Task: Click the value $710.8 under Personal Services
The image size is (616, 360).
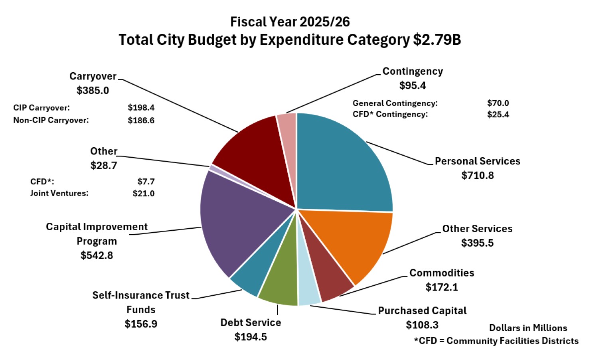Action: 478,175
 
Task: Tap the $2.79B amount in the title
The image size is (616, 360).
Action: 437,40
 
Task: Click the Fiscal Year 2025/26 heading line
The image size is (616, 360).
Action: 290,22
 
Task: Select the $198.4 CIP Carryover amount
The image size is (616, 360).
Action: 141,108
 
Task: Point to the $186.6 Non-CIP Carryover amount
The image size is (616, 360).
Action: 141,121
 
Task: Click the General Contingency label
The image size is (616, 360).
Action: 395,103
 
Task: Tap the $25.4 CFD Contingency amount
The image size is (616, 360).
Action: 498,115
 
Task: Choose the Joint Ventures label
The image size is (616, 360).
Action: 59,194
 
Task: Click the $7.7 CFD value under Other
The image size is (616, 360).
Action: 146,182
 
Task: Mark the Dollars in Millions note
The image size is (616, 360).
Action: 528,328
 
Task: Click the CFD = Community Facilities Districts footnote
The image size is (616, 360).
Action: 496,341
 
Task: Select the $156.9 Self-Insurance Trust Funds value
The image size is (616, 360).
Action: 141,324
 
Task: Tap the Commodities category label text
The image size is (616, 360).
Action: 442,273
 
